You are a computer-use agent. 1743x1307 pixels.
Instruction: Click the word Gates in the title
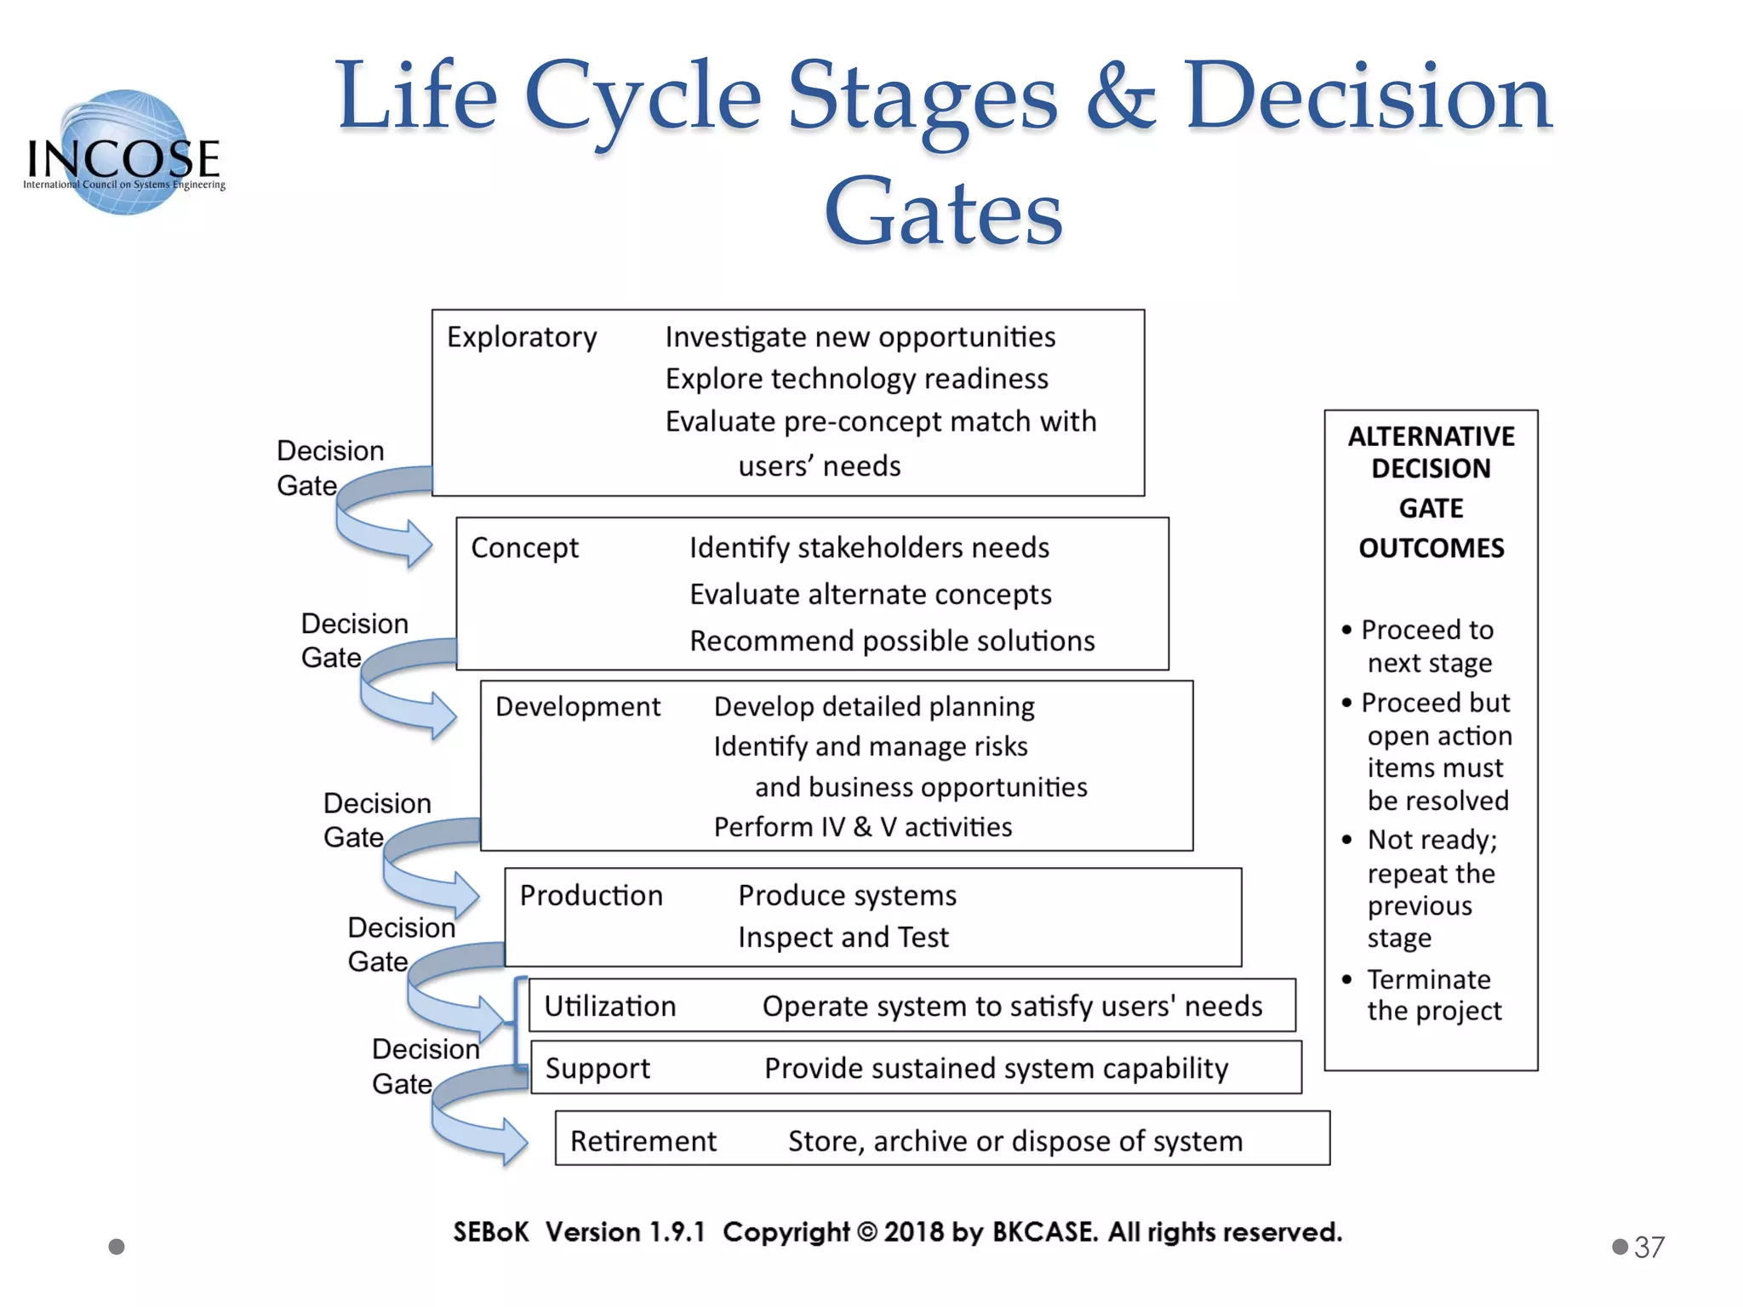tap(943, 211)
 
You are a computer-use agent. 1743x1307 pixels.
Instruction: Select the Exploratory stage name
tap(522, 337)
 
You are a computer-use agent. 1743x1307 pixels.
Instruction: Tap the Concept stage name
tap(524, 548)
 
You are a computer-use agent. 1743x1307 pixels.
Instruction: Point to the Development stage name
tap(578, 707)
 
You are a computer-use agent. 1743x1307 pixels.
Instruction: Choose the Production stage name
tap(591, 896)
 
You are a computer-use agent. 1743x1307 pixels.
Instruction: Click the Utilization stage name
tap(609, 1007)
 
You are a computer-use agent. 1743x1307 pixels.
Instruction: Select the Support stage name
tap(597, 1069)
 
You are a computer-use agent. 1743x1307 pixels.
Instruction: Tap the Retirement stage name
tap(643, 1141)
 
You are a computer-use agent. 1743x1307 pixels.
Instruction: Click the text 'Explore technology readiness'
tap(856, 380)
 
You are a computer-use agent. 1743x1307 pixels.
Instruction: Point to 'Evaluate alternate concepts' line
tap(870, 595)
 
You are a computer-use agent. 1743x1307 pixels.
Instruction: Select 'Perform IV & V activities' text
tap(862, 827)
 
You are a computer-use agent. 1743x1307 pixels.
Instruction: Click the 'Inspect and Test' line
tap(843, 938)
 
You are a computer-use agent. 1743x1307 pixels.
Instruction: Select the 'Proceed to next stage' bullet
tap(1427, 647)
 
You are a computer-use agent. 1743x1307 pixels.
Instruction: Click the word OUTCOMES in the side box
tap(1431, 548)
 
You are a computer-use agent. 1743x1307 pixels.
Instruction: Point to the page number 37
tap(1649, 1247)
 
